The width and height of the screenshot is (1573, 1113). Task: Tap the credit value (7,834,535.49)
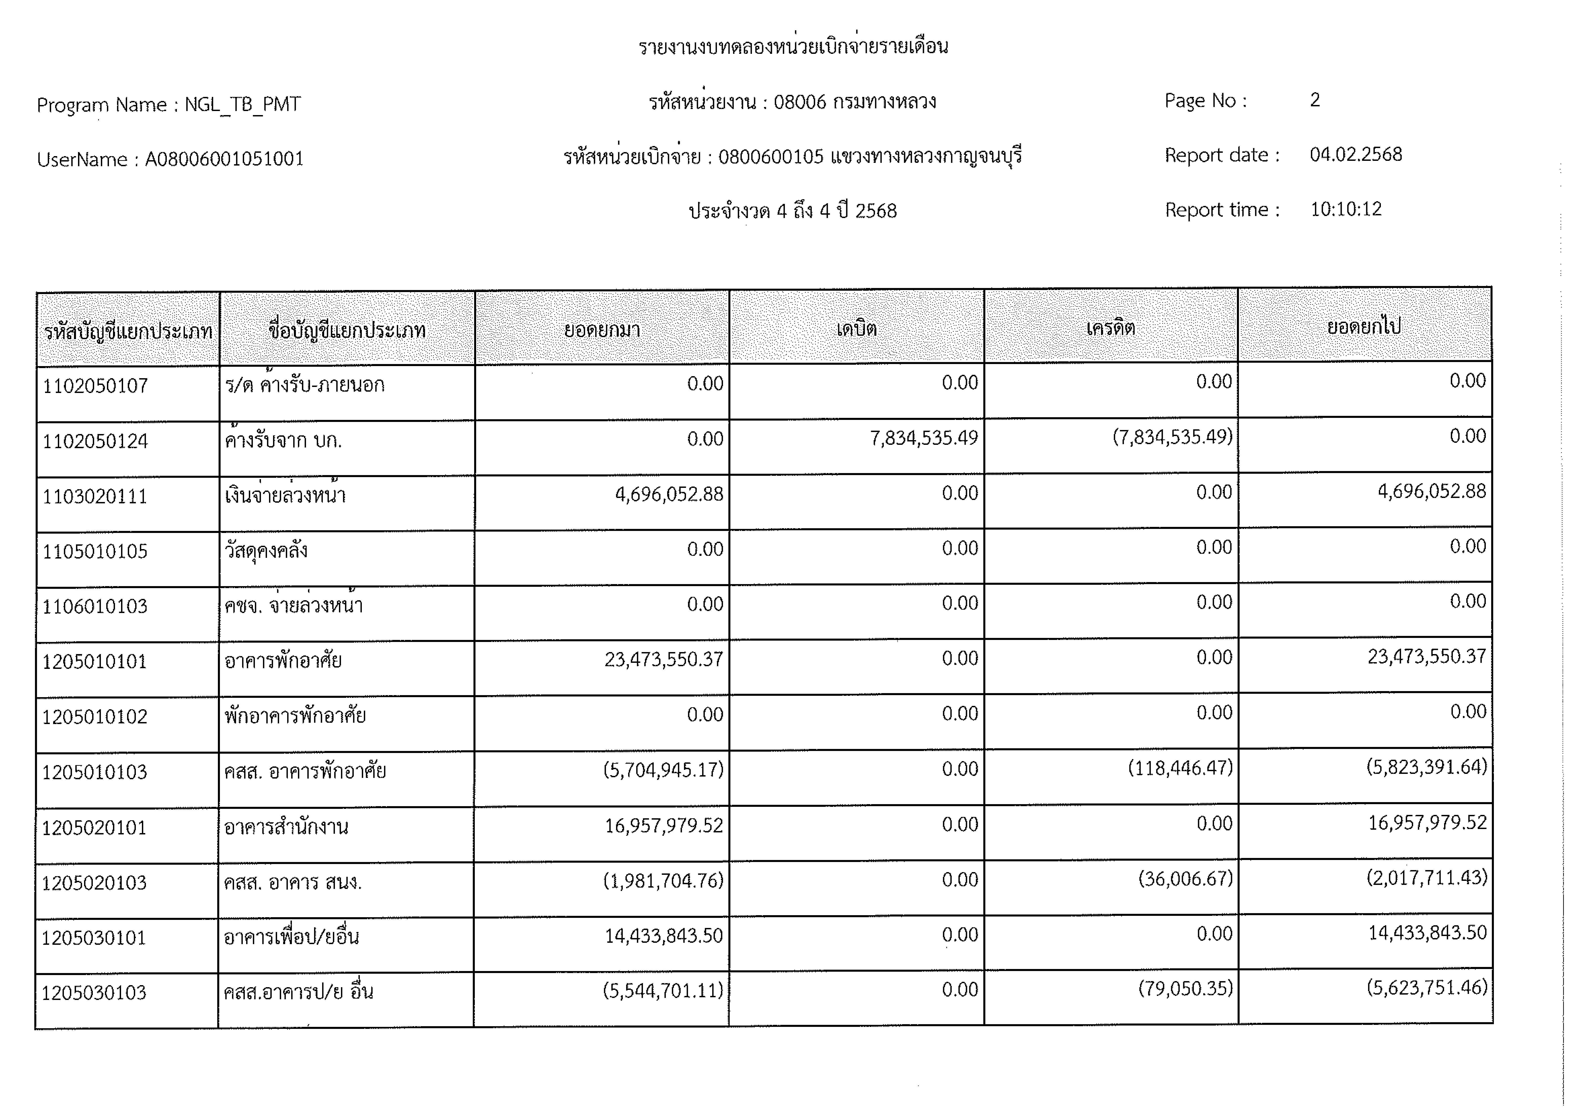(1172, 436)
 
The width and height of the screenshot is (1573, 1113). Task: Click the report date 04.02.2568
(1356, 155)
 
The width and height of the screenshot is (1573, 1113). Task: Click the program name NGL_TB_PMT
(243, 104)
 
